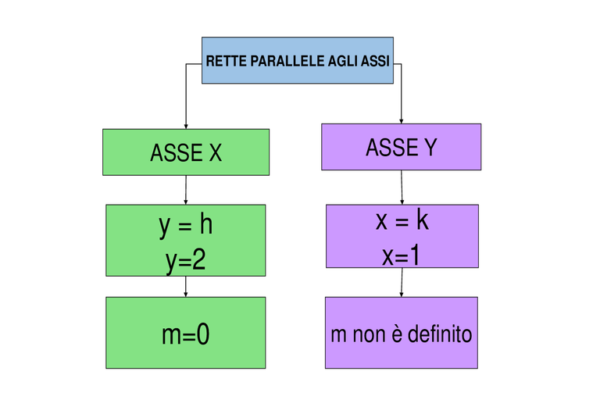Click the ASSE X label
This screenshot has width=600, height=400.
click(186, 152)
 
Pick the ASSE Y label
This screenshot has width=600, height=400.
click(402, 148)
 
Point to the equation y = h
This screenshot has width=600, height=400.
click(186, 226)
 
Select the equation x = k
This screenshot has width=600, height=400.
click(402, 221)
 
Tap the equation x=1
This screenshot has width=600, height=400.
click(401, 255)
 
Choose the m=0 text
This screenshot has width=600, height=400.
click(186, 334)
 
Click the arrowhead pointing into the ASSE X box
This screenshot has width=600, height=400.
click(186, 127)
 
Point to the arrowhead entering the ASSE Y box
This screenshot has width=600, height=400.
click(401, 121)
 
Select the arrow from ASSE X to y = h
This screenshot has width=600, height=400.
click(186, 190)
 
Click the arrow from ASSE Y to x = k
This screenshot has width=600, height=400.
click(402, 187)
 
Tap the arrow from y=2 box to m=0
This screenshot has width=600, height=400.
click(186, 286)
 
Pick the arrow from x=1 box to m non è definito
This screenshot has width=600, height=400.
click(402, 282)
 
